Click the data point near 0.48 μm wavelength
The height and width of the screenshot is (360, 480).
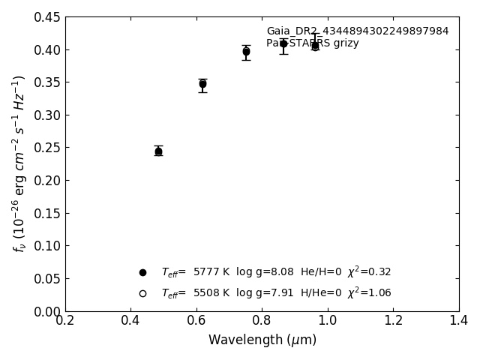tap(158, 151)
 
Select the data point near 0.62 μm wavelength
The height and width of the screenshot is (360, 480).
tap(202, 84)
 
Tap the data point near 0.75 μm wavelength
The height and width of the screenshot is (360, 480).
tap(246, 52)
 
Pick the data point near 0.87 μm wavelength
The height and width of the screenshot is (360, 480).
tap(283, 43)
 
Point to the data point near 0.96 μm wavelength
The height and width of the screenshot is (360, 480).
tap(315, 46)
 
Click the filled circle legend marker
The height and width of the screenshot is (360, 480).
tap(142, 272)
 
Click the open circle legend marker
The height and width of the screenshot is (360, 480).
tap(142, 293)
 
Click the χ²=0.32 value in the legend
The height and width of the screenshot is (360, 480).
tap(369, 271)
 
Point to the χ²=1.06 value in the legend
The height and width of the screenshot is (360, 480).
tap(369, 292)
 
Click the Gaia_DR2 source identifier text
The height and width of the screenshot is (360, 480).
tap(358, 31)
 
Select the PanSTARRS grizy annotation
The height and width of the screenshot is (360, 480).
tap(313, 43)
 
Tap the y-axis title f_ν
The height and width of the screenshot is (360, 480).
tap(19, 163)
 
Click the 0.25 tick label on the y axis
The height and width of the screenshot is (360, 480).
tap(47, 148)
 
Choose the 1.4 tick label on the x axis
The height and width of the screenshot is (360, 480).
tap(459, 321)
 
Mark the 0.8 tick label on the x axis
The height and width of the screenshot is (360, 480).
tap(262, 321)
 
